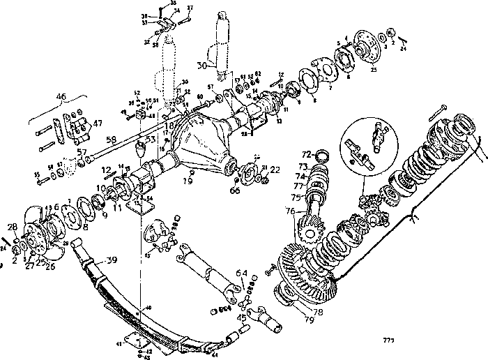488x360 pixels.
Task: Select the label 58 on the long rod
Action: tap(111, 140)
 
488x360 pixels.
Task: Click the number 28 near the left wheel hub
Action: tap(12, 227)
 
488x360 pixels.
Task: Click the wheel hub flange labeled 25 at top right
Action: tap(365, 46)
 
